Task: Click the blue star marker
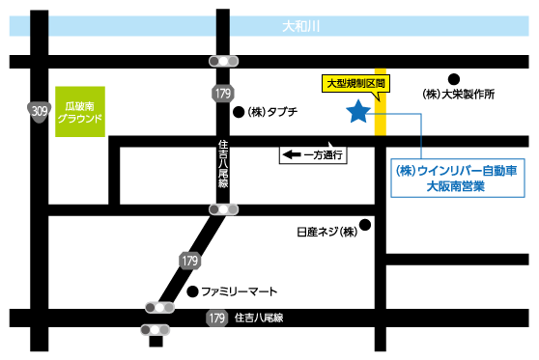tap(357, 113)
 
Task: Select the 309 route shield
tap(39, 113)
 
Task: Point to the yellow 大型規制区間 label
tap(355, 85)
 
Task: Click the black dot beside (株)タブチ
tap(238, 112)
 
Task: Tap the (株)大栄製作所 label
tap(459, 95)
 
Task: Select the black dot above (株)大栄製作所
tap(452, 78)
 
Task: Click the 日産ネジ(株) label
tap(327, 232)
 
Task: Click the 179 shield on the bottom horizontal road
tap(216, 318)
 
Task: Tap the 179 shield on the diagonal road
tap(189, 261)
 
